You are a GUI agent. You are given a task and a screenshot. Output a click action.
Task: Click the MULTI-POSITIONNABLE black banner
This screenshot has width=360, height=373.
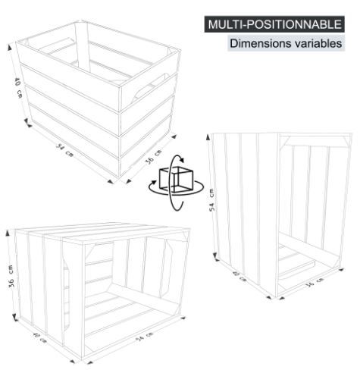click(274, 24)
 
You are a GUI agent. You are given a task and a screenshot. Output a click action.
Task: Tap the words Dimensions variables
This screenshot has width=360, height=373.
click(286, 44)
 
